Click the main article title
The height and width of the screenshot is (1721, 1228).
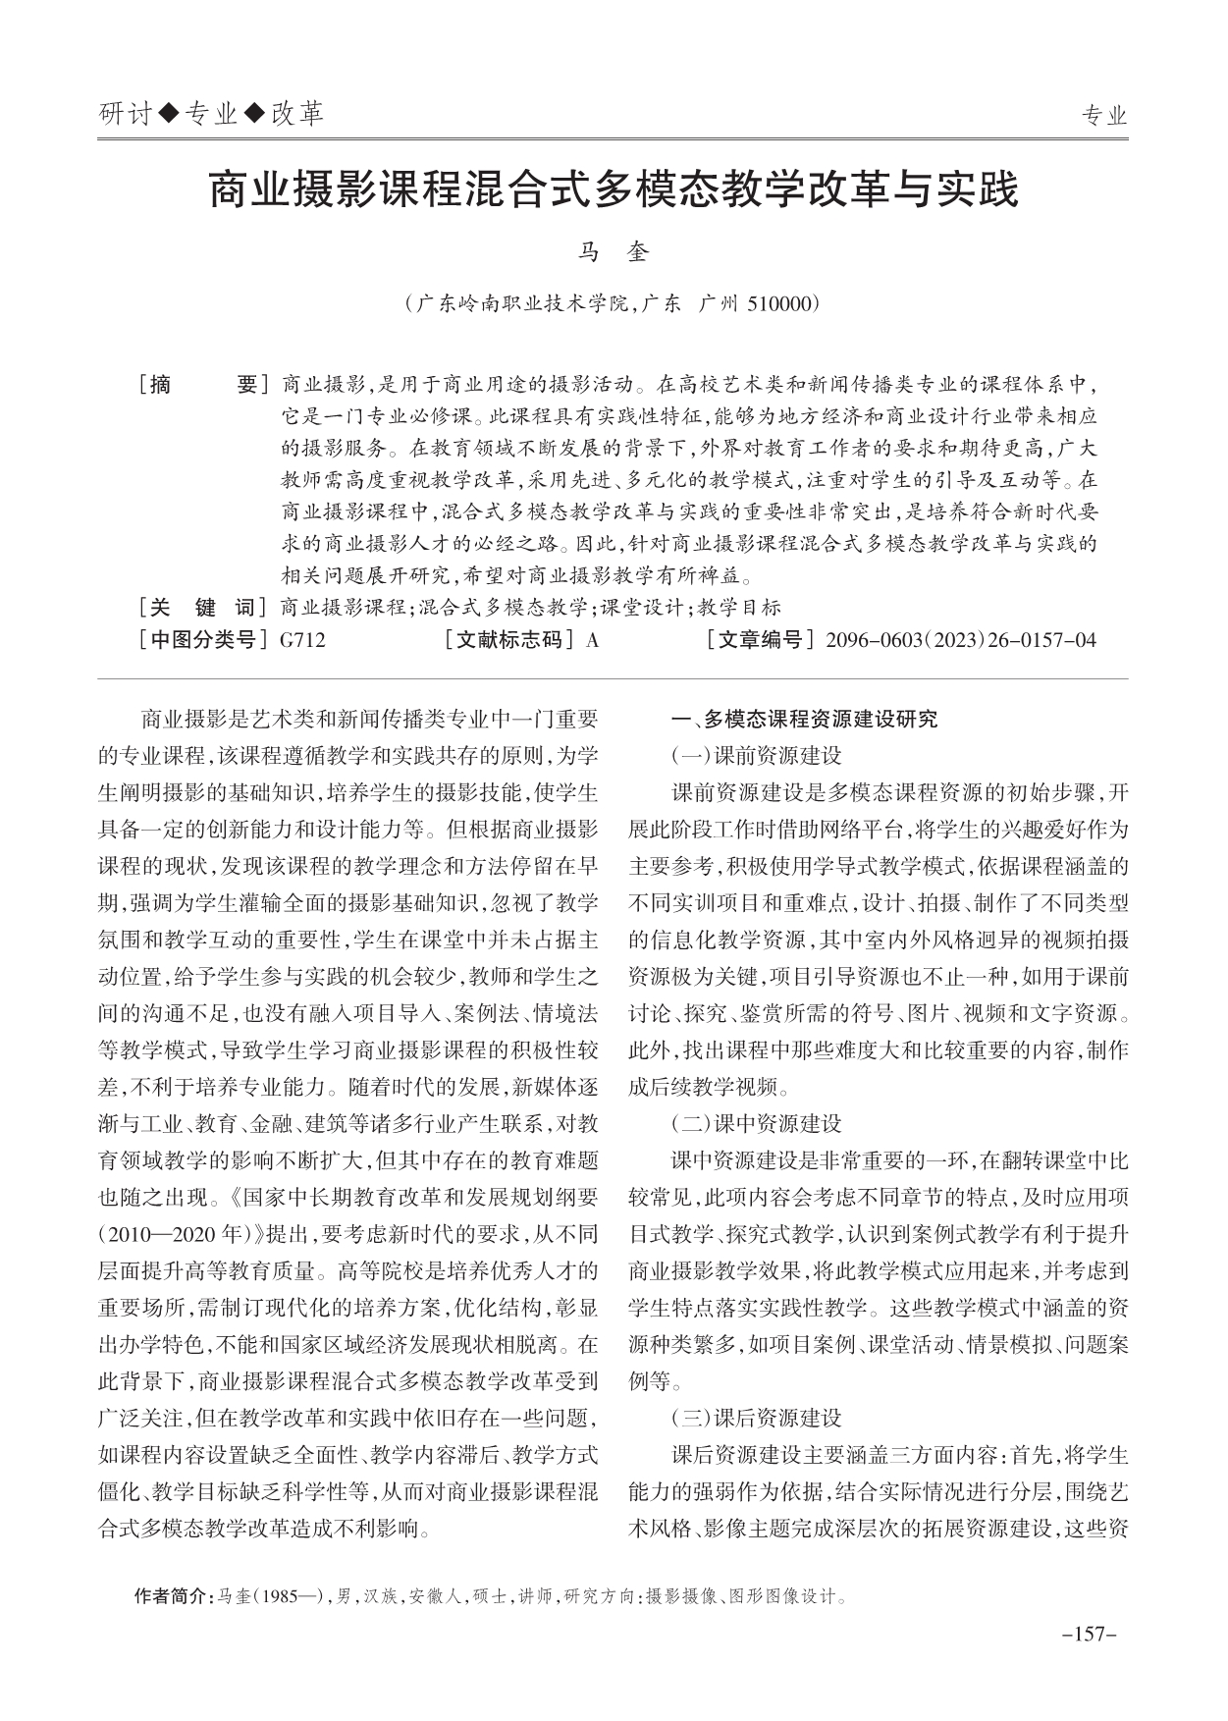pos(614,190)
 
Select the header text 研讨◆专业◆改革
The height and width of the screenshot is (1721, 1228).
pos(212,116)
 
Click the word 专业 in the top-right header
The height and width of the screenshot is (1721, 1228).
pos(1104,117)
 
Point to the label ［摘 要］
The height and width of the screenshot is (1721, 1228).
pos(204,385)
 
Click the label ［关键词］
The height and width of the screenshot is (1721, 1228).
pos(204,607)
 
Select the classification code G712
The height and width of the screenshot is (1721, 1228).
pos(302,641)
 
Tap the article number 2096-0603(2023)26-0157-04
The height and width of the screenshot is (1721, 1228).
pos(961,641)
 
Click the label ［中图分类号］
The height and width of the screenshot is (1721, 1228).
pos(204,641)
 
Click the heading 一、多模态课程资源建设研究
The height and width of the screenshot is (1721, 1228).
pos(804,719)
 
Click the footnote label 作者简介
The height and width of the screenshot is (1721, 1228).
pos(172,1596)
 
